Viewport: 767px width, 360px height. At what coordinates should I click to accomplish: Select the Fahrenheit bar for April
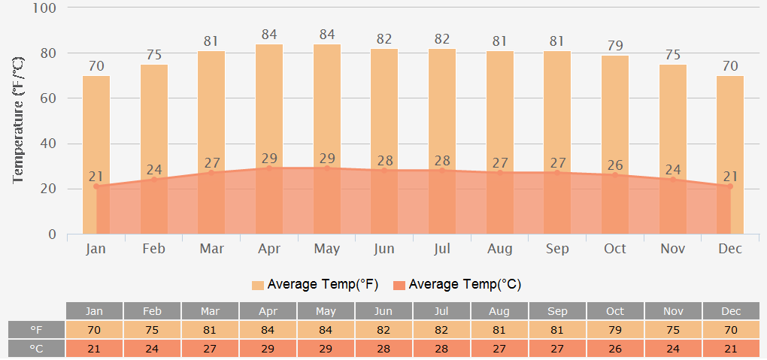pyautogui.click(x=269, y=105)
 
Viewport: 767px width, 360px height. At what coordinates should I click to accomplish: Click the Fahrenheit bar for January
pyautogui.click(x=96, y=128)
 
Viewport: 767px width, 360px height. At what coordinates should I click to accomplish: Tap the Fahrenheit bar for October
pyautogui.click(x=615, y=113)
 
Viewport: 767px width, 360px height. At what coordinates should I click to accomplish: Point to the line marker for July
pyautogui.click(x=442, y=170)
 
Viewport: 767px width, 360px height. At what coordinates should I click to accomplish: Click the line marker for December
pyautogui.click(x=729, y=186)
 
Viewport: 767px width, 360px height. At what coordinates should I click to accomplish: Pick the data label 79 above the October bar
pyautogui.click(x=615, y=46)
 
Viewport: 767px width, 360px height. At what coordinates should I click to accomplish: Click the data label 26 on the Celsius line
pyautogui.click(x=615, y=165)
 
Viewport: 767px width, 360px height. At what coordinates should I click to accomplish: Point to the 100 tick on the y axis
pyautogui.click(x=45, y=8)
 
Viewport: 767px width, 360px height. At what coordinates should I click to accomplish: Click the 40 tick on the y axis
pyautogui.click(x=48, y=144)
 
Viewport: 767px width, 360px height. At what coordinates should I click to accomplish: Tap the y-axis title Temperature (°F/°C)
pyautogui.click(x=20, y=120)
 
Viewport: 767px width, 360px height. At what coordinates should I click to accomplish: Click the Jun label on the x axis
pyautogui.click(x=384, y=249)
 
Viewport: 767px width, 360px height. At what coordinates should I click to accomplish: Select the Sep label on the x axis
pyautogui.click(x=557, y=249)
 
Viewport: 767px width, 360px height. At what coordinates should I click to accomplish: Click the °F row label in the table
pyautogui.click(x=36, y=330)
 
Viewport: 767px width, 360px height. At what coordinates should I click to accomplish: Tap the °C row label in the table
pyautogui.click(x=36, y=349)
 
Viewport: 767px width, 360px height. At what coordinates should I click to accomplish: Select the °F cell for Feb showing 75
pyautogui.click(x=152, y=330)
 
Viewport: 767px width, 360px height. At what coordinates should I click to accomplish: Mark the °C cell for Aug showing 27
pyautogui.click(x=499, y=349)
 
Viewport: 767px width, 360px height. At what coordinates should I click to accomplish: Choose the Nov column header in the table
pyautogui.click(x=673, y=311)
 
